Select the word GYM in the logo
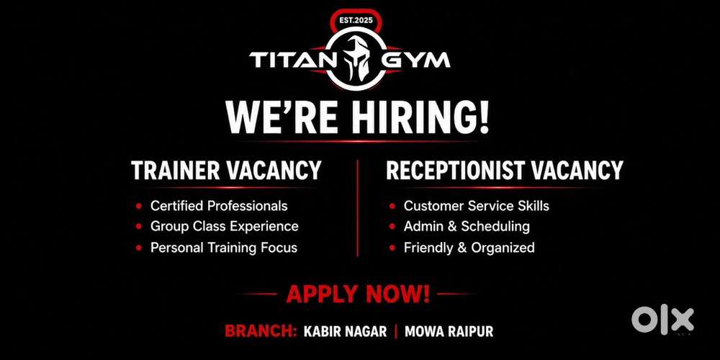point(416,60)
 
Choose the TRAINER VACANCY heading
point(226,171)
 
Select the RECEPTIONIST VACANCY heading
point(504,171)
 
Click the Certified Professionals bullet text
point(219,206)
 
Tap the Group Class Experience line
point(225,226)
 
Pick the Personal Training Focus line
point(224,248)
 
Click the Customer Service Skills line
point(477,206)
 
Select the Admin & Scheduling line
point(467,226)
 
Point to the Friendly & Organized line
point(469,248)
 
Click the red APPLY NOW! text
point(358,294)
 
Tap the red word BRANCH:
point(261,331)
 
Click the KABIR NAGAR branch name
point(346,331)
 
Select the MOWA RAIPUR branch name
point(449,331)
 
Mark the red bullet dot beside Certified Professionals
point(139,206)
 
